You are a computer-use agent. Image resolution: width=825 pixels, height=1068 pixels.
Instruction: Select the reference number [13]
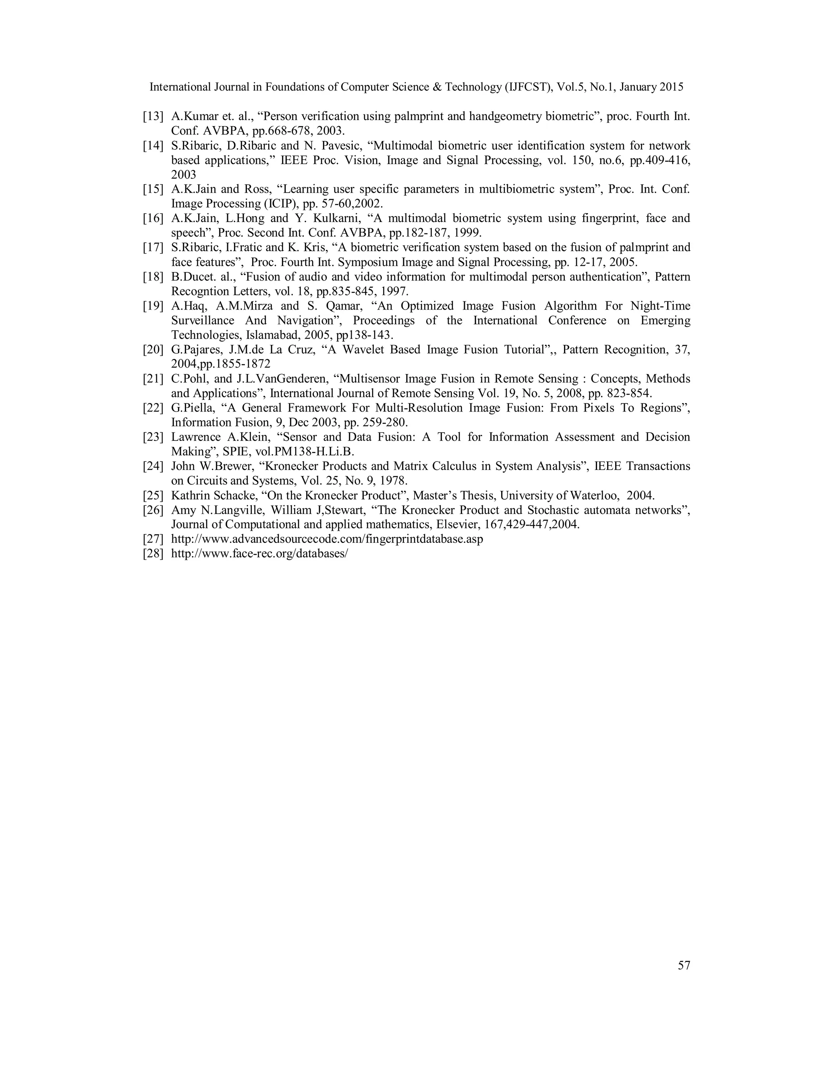click(x=153, y=116)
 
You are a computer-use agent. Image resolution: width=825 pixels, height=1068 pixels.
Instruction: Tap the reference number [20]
click(x=153, y=350)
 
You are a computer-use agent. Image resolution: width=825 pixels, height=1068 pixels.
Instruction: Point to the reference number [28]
click(x=153, y=554)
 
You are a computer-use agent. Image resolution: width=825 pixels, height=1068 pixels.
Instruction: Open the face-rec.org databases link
click(x=259, y=554)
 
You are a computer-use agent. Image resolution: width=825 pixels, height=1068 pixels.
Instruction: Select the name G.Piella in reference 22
click(x=191, y=408)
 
